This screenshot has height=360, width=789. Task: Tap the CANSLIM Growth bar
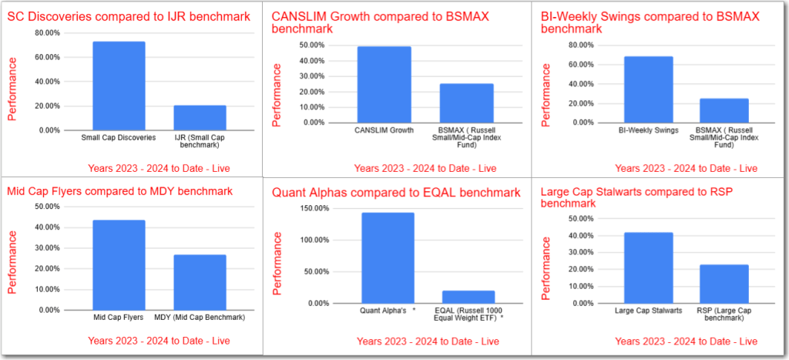tap(384, 84)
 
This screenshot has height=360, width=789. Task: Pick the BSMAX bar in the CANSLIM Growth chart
tap(467, 103)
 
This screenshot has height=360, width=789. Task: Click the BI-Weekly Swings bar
tap(647, 89)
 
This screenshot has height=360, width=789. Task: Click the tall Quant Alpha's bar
tap(388, 257)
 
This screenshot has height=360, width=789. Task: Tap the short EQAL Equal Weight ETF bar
tap(468, 297)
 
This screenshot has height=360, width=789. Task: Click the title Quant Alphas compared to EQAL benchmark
tap(396, 192)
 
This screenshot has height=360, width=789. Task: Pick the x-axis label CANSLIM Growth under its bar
tap(384, 130)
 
